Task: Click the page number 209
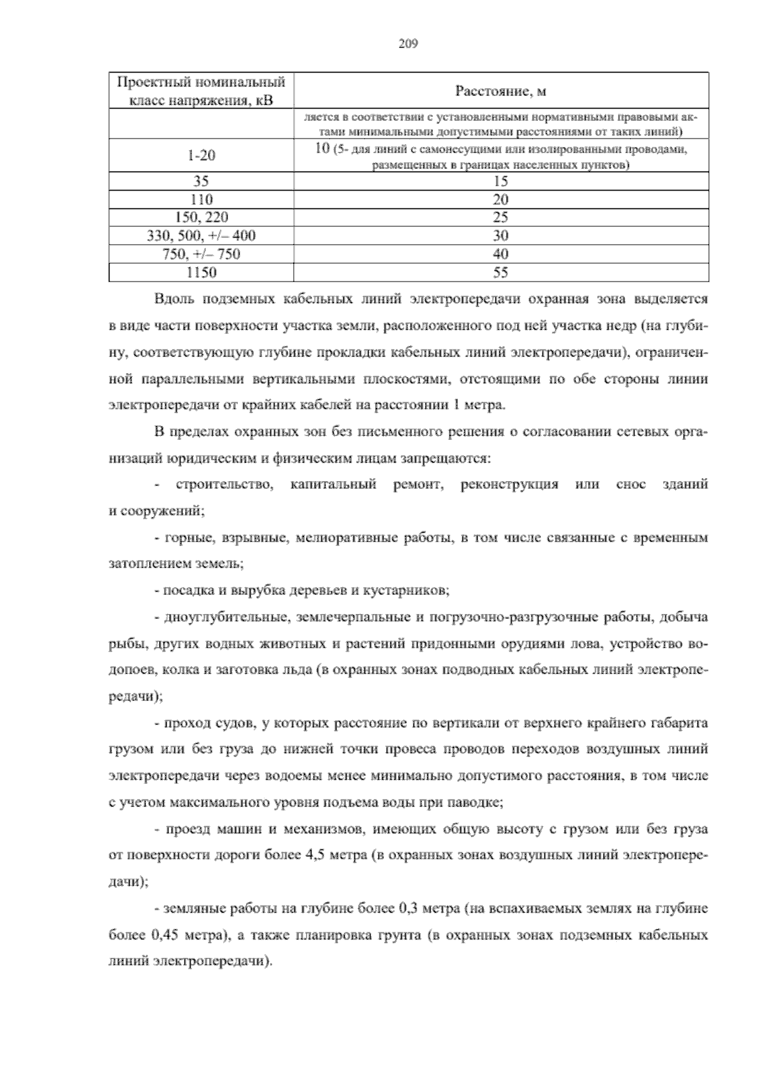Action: click(408, 44)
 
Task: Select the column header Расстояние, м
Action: click(500, 91)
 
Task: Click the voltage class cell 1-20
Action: click(201, 155)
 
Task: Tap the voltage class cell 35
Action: click(201, 181)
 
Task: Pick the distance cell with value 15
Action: click(500, 181)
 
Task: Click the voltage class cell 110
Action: click(201, 200)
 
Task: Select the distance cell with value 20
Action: click(500, 200)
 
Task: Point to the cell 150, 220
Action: click(201, 217)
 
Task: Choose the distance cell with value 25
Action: click(500, 217)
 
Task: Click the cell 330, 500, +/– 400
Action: click(201, 236)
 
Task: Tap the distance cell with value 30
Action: click(500, 236)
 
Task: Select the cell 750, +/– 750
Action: click(201, 254)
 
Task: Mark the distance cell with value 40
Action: click(500, 254)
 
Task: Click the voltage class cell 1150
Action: click(201, 273)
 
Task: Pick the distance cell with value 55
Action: click(500, 273)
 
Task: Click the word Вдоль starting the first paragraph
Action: click(170, 299)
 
